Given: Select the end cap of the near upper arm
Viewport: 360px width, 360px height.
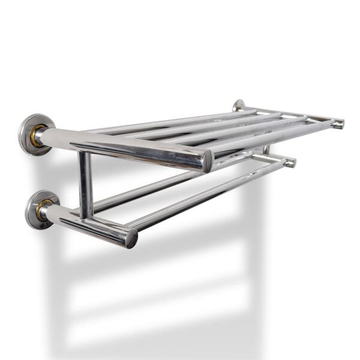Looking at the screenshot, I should point(207,161).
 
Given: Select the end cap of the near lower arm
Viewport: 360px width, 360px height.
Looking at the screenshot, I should point(131,238).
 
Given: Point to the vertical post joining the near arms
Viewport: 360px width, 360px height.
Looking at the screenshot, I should point(86,183).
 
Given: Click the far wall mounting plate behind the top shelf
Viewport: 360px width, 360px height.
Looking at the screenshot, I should point(239,106).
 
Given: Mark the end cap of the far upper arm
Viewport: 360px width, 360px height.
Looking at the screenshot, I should point(340,124).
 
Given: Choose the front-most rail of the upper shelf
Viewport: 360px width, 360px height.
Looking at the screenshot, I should point(270,135).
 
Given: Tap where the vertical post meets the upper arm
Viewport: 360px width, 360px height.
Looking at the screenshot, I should point(85,152).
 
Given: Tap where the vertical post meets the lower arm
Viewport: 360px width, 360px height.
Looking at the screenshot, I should point(87,216).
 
